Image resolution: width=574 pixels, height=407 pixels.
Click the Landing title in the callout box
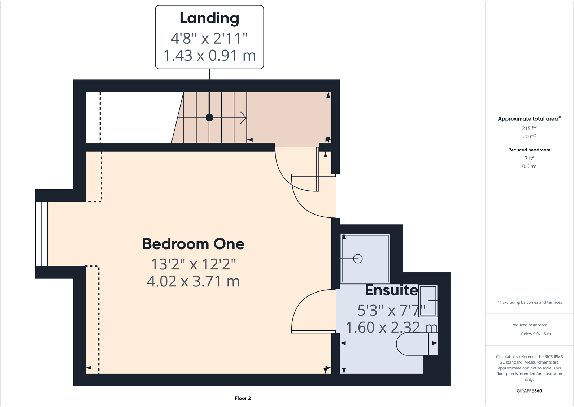(209, 18)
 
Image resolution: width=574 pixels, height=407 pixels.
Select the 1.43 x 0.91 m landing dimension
(209, 56)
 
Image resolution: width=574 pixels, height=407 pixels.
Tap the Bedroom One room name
(193, 244)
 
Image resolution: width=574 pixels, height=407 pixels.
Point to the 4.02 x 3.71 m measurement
(193, 281)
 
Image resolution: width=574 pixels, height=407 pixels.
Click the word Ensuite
(391, 290)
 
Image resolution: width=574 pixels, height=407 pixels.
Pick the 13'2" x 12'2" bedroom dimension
(193, 264)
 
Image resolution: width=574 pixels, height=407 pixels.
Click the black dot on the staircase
(209, 117)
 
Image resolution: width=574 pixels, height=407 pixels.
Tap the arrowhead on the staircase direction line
(244, 117)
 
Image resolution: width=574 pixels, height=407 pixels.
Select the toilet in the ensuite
(415, 344)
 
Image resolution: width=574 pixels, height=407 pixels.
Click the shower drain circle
(358, 259)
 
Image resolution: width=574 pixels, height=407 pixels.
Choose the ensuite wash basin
(429, 301)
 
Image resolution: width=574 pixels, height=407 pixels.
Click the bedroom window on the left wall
(42, 234)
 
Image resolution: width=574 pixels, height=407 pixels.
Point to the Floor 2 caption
(243, 398)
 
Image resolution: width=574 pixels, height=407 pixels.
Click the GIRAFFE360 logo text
(529, 391)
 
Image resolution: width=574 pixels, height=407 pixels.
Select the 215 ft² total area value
(529, 128)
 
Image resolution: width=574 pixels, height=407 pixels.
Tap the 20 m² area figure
(529, 137)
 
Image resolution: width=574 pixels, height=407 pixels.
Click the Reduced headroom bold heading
(529, 150)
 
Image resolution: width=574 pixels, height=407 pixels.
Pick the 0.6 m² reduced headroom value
(529, 166)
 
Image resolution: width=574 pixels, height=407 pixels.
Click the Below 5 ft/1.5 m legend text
(536, 334)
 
